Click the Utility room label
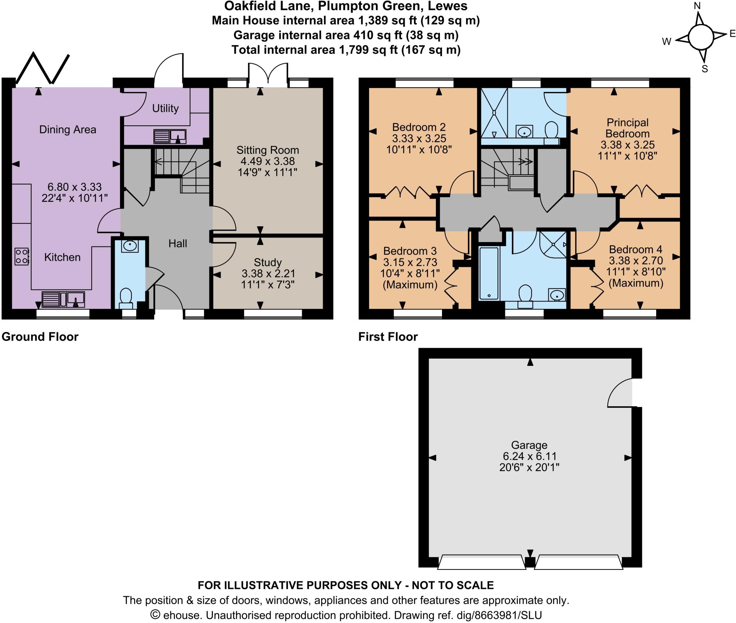[165, 108]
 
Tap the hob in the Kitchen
[22, 257]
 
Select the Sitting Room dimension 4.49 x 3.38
[267, 161]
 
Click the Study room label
[267, 262]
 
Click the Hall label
[178, 244]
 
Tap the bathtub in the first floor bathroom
[489, 273]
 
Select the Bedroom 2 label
[419, 127]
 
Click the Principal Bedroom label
[627, 128]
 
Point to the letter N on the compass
[697, 6]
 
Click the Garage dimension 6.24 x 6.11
[529, 456]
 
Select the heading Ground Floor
[40, 337]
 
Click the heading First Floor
[388, 337]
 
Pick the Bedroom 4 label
[636, 249]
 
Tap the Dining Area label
[68, 130]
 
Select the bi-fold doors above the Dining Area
[42, 68]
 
